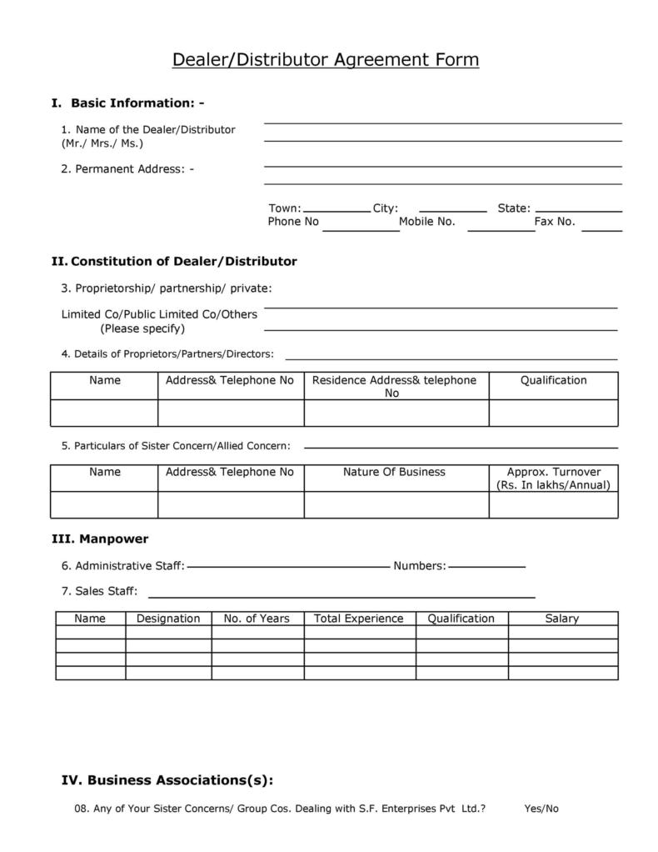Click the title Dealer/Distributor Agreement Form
coord(326,60)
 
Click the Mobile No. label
coord(426,222)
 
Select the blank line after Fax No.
coord(601,229)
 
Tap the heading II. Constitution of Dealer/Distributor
coord(174,262)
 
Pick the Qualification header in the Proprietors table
coord(553,380)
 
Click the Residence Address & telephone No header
coord(394,386)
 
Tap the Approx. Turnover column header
coord(553,478)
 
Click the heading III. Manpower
coord(100,539)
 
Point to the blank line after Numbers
coord(486,567)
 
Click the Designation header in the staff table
coord(168,619)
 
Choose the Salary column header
coord(561,619)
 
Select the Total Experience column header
coord(358,619)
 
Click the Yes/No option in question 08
coord(541,809)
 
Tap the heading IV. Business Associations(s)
coord(167,781)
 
